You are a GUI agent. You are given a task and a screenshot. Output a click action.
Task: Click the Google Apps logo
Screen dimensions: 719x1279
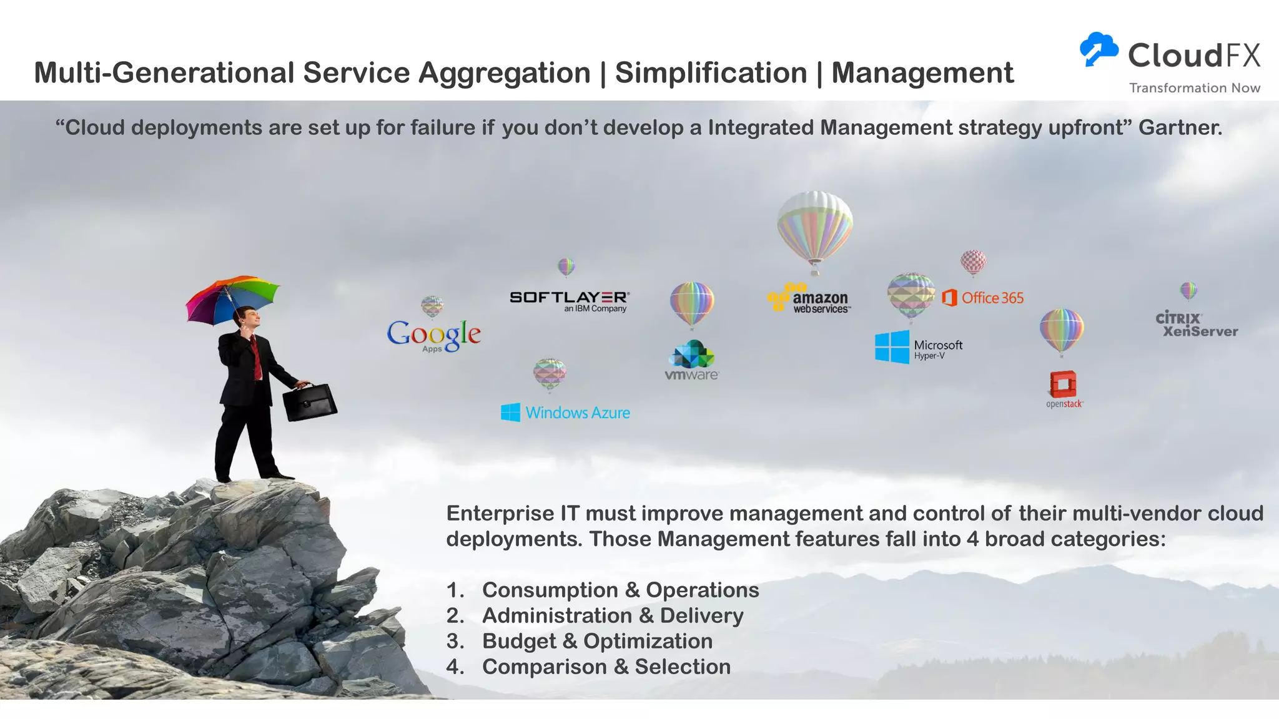[434, 335]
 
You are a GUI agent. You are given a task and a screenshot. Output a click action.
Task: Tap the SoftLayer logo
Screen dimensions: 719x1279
[569, 300]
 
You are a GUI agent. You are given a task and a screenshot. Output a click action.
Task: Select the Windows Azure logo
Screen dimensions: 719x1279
[566, 413]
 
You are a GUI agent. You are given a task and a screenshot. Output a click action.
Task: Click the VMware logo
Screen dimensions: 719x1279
[692, 361]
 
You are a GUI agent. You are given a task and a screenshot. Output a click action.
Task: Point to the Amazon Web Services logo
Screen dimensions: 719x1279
[809, 299]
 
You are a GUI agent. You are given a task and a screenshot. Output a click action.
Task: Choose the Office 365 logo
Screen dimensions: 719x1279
[983, 298]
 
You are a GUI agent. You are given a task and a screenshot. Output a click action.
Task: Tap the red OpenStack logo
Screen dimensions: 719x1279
[1064, 388]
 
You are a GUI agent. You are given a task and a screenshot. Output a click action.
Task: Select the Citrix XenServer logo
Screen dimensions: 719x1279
[1196, 325]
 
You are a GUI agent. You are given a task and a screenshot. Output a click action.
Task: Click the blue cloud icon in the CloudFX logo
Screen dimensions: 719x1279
[1099, 49]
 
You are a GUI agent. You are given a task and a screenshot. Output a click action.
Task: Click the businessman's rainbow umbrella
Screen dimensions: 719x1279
[232, 298]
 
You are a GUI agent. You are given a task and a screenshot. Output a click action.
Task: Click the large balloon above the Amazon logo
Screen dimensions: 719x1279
[814, 228]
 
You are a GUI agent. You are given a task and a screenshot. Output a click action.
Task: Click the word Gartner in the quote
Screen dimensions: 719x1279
[1180, 127]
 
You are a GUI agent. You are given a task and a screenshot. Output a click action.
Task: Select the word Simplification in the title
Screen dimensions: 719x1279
[711, 73]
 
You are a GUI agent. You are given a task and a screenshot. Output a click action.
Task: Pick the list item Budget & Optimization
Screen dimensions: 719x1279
[597, 641]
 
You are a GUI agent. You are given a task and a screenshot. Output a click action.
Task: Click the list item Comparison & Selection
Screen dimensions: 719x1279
[606, 667]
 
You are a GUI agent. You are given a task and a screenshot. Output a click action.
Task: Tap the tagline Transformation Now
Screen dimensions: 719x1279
[1194, 88]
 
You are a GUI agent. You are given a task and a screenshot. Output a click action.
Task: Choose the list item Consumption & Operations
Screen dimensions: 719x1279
[620, 590]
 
